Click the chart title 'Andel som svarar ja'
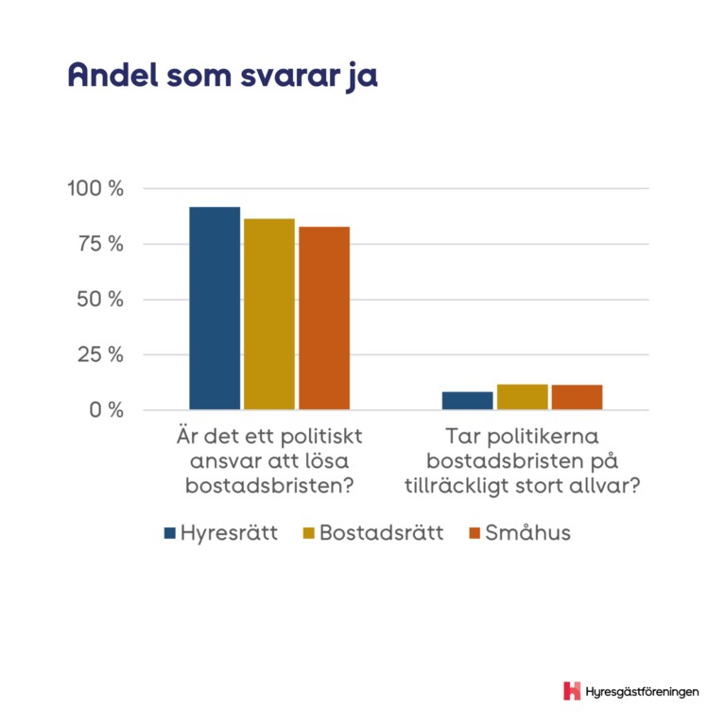pos(222,77)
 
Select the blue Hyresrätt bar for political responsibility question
pos(215,308)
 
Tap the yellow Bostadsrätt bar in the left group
pos(269,314)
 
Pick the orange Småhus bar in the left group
pos(324,319)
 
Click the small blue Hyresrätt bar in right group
pos(467,401)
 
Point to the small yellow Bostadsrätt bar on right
pos(522,398)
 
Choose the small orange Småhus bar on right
pos(577,398)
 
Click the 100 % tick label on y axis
pos(95,188)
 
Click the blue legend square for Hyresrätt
pos(170,532)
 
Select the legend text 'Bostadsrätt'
pos(381,532)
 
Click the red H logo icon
pos(571,691)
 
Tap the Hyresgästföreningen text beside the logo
pos(643,692)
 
